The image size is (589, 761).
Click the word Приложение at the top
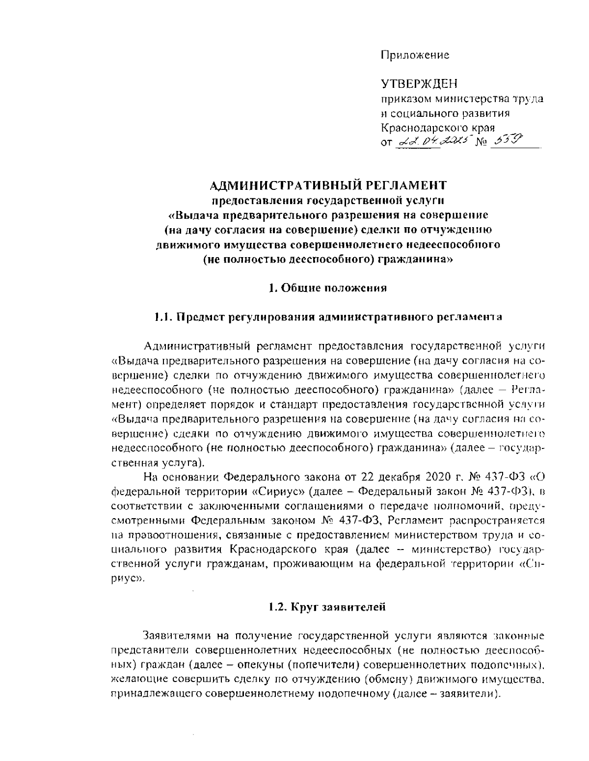tap(415, 55)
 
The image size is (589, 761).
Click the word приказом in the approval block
tap(404, 99)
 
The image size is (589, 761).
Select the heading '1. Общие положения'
tap(328, 288)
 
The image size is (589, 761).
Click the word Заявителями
tap(175, 636)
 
